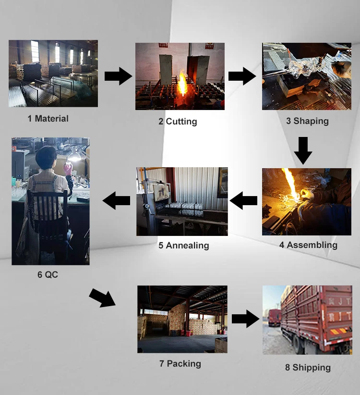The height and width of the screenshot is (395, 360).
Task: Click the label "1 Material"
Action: [x=48, y=119]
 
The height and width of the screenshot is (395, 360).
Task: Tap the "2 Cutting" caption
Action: [x=178, y=122]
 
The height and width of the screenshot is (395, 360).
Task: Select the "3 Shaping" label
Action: [x=307, y=121]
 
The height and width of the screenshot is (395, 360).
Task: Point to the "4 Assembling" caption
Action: [x=308, y=245]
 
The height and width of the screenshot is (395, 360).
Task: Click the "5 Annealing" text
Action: [x=184, y=246]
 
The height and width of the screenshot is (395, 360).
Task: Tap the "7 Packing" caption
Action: [x=180, y=364]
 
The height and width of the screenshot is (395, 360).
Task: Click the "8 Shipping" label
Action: [x=308, y=368]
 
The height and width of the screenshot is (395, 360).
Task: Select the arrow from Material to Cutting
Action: [x=118, y=76]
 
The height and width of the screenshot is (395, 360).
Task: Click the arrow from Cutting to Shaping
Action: [x=242, y=76]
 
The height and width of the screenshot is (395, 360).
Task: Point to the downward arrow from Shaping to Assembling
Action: [x=303, y=150]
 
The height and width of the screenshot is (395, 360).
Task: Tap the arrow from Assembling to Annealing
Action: [x=244, y=200]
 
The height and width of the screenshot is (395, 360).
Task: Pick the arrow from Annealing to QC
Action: [x=117, y=200]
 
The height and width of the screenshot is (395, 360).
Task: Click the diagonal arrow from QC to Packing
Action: [x=103, y=297]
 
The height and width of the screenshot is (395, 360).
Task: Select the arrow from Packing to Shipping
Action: [x=246, y=319]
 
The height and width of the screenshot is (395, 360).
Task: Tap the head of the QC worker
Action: [x=49, y=157]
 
